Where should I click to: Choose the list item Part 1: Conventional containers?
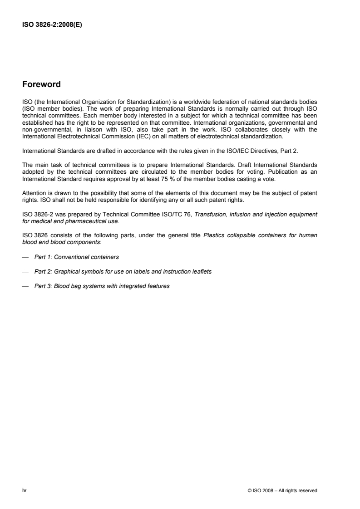76,257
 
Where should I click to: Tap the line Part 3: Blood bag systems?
102,286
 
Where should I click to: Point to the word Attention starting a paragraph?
33,192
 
